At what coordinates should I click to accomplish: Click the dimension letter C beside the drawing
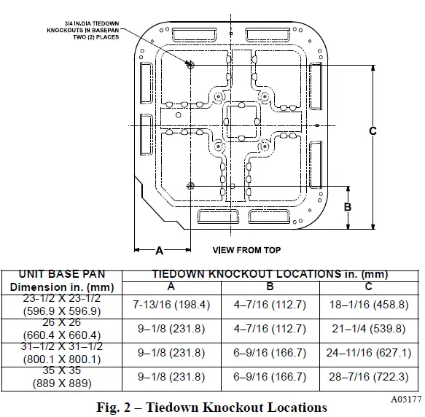click(373, 131)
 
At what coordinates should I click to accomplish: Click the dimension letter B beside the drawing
click(348, 207)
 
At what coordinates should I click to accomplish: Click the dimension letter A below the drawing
click(160, 250)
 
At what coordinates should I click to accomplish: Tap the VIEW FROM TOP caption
click(246, 250)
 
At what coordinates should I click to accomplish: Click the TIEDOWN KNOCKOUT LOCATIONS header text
click(270, 275)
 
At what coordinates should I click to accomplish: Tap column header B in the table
click(270, 286)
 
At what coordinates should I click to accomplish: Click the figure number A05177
click(405, 400)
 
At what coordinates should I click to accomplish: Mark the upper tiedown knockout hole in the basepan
click(190, 63)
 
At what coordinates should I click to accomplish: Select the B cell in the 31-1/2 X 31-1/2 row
click(270, 354)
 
